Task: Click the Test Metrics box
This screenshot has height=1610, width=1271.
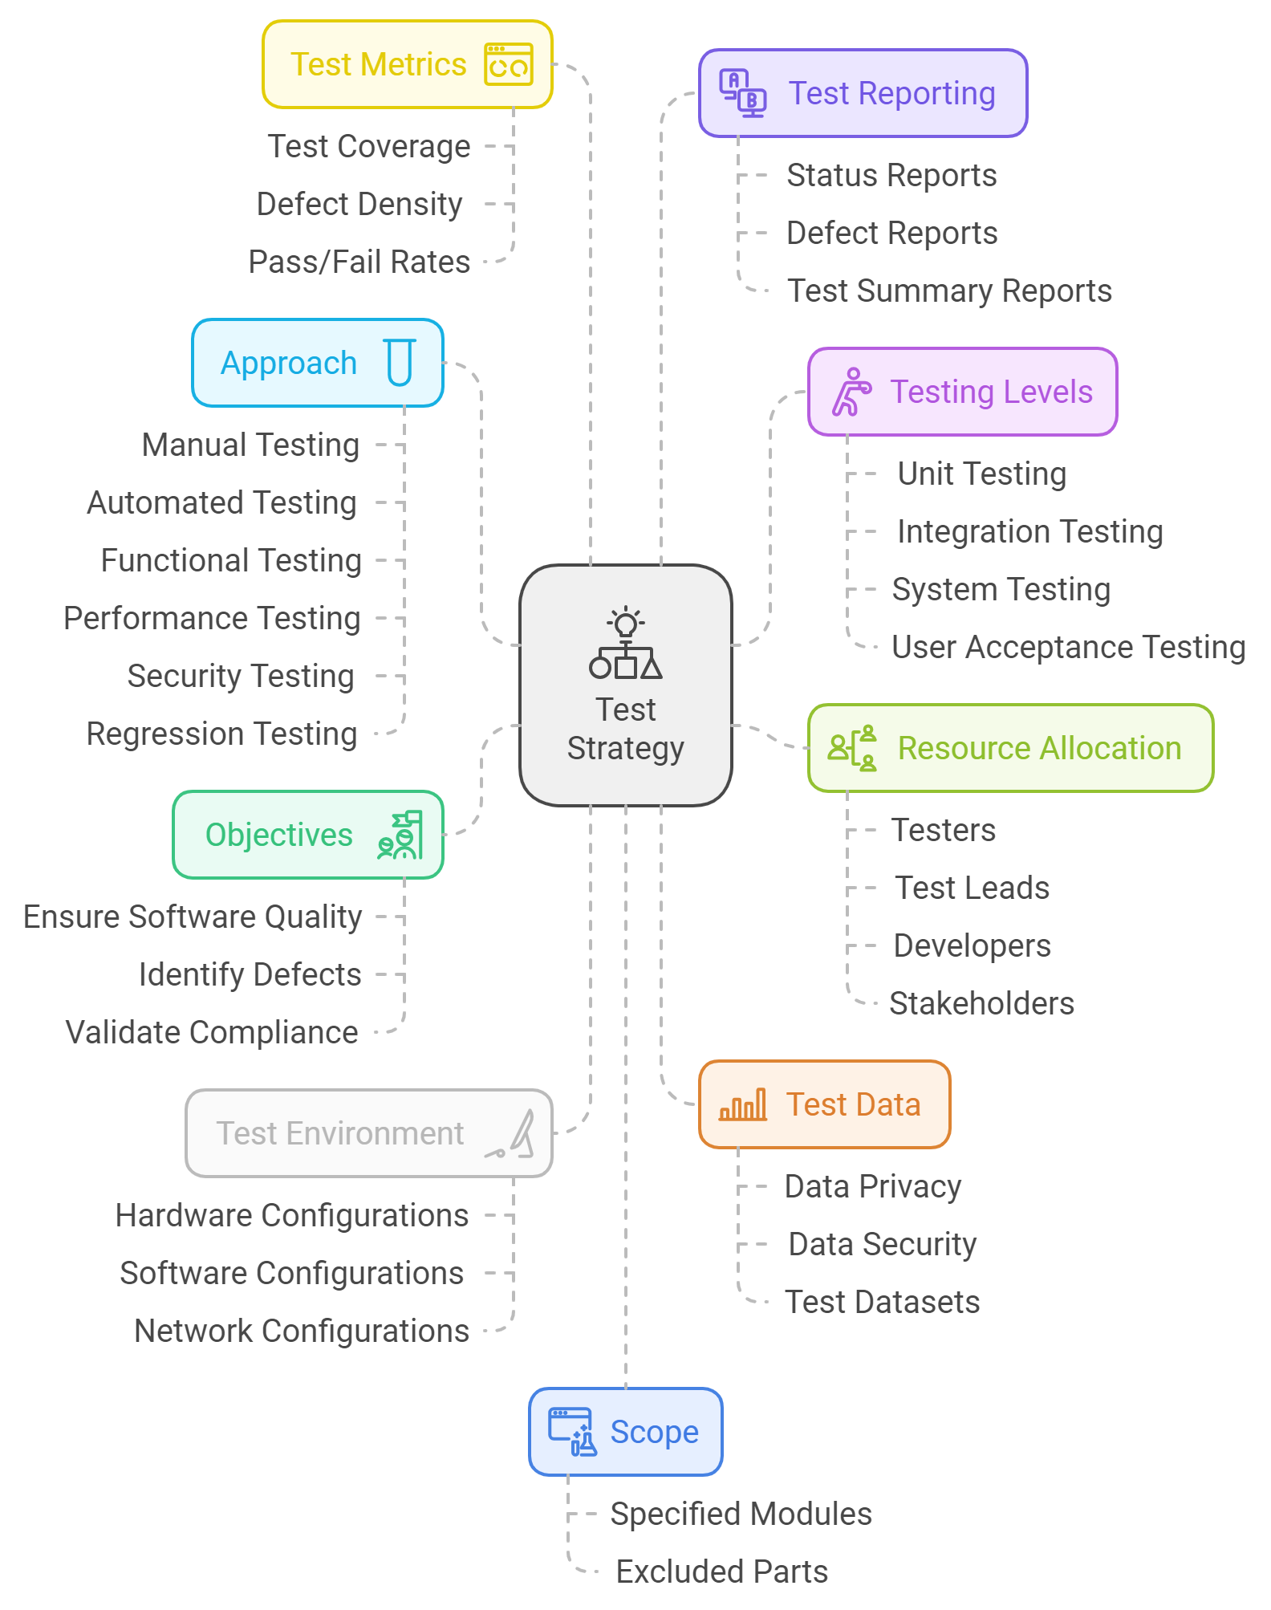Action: (x=407, y=64)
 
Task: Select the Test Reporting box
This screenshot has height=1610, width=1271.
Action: (x=863, y=93)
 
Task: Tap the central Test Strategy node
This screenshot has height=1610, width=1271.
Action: (x=625, y=685)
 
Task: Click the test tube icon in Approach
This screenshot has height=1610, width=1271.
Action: (x=400, y=363)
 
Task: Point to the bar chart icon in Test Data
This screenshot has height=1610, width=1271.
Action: (x=743, y=1104)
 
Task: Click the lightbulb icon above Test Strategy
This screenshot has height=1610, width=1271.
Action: (x=626, y=623)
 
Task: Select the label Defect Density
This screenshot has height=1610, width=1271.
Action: (x=359, y=204)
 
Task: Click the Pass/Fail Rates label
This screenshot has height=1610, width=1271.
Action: (x=359, y=262)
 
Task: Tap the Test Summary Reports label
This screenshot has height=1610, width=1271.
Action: (x=949, y=291)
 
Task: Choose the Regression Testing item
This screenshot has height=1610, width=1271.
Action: (x=221, y=734)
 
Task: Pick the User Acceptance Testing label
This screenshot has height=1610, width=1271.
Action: (x=1068, y=647)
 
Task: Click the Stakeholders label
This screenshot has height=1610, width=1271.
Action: (x=981, y=1003)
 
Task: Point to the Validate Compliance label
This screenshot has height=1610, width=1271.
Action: (x=212, y=1032)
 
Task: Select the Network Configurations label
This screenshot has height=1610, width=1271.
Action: (x=302, y=1331)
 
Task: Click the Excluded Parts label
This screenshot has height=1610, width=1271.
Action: (x=722, y=1571)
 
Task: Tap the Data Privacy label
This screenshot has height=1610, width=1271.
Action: (x=873, y=1186)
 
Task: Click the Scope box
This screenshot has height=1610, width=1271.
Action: (x=625, y=1432)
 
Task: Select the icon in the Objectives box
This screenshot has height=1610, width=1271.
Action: (x=400, y=835)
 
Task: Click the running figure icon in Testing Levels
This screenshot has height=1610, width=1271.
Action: (x=851, y=392)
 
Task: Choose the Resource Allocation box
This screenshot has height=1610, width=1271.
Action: (x=1010, y=748)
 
